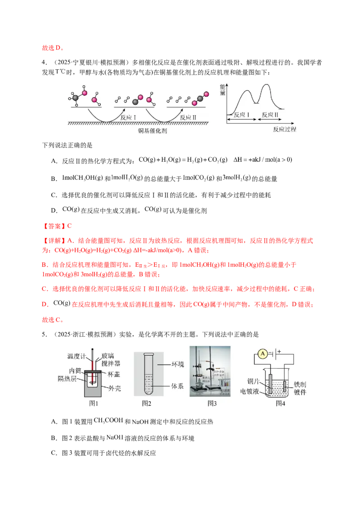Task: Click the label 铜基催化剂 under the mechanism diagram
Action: [153, 131]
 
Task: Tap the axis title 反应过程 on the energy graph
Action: [284, 129]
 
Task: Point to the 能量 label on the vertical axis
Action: [223, 89]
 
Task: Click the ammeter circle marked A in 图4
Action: [262, 354]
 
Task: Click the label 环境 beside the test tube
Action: [178, 364]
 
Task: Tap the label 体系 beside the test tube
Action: [177, 386]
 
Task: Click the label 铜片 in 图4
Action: [253, 381]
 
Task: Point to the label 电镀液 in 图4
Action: [250, 392]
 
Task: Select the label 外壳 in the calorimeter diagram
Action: [115, 388]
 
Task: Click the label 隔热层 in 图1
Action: [67, 379]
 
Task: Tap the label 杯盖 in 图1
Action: [114, 374]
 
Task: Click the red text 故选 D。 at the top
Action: [53, 48]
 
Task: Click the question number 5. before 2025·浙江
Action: [45, 335]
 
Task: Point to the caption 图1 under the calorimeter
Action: [94, 403]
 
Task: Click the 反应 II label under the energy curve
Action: [270, 115]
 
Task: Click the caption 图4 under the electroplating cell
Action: [280, 403]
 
